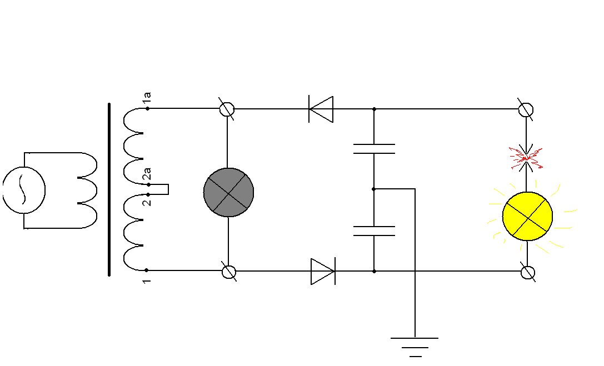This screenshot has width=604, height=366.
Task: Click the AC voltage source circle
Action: point(24,190)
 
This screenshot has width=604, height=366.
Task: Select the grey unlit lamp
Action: point(228,192)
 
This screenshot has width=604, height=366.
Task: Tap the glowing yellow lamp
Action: point(527,216)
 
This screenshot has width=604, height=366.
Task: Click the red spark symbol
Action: point(526,158)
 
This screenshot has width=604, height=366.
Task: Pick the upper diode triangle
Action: point(321,109)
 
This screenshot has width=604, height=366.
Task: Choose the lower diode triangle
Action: point(323,272)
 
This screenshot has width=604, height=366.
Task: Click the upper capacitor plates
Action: point(374,148)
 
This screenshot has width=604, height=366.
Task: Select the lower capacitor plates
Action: point(374,231)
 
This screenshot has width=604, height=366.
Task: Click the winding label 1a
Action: point(147,98)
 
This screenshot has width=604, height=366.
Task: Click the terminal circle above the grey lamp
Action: point(227,109)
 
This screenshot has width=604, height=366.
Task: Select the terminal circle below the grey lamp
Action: point(228,272)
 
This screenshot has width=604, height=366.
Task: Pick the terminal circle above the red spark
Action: point(526,109)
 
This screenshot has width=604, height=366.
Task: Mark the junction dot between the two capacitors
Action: point(374,189)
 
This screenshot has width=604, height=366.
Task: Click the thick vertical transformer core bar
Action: point(109,189)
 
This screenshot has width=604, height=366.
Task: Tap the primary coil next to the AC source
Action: point(88,190)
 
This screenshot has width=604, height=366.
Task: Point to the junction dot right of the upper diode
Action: point(374,109)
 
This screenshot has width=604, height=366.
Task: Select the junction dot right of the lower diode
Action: point(374,271)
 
